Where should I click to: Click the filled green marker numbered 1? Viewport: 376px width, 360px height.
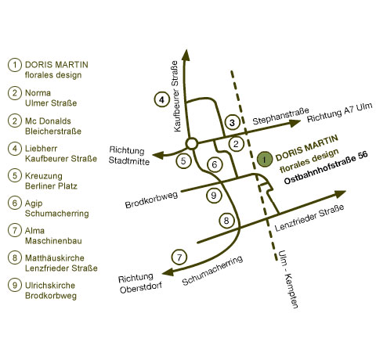tap(265, 160)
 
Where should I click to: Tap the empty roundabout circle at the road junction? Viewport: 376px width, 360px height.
tap(192, 143)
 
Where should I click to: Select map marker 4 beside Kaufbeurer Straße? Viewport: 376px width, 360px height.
tap(162, 99)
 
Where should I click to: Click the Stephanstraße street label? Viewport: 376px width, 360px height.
tap(280, 116)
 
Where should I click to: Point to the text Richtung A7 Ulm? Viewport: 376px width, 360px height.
tap(339, 113)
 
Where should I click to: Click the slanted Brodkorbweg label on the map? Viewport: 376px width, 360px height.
tap(151, 200)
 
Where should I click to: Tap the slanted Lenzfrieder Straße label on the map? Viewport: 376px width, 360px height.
tap(309, 218)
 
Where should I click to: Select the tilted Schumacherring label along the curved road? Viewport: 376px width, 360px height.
tap(212, 270)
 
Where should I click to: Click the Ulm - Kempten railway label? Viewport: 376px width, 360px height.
tap(288, 279)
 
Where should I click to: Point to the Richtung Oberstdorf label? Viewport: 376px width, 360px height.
tap(140, 283)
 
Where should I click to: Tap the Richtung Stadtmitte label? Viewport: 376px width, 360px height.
tap(129, 156)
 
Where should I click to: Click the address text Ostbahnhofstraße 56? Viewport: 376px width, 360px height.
tap(326, 167)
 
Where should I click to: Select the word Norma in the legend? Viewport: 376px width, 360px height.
tap(38, 93)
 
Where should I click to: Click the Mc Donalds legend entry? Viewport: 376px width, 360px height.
tap(48, 121)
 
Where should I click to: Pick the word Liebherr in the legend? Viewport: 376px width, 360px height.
tap(41, 149)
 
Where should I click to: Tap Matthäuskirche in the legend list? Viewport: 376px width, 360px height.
tap(55, 258)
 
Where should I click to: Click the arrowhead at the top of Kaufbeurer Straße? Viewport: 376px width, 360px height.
tap(186, 55)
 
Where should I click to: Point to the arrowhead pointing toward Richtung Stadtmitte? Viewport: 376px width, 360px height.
tap(158, 156)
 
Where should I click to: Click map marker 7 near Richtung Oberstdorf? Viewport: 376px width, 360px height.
tap(179, 257)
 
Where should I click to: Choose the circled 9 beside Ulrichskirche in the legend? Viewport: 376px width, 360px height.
tap(15, 285)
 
